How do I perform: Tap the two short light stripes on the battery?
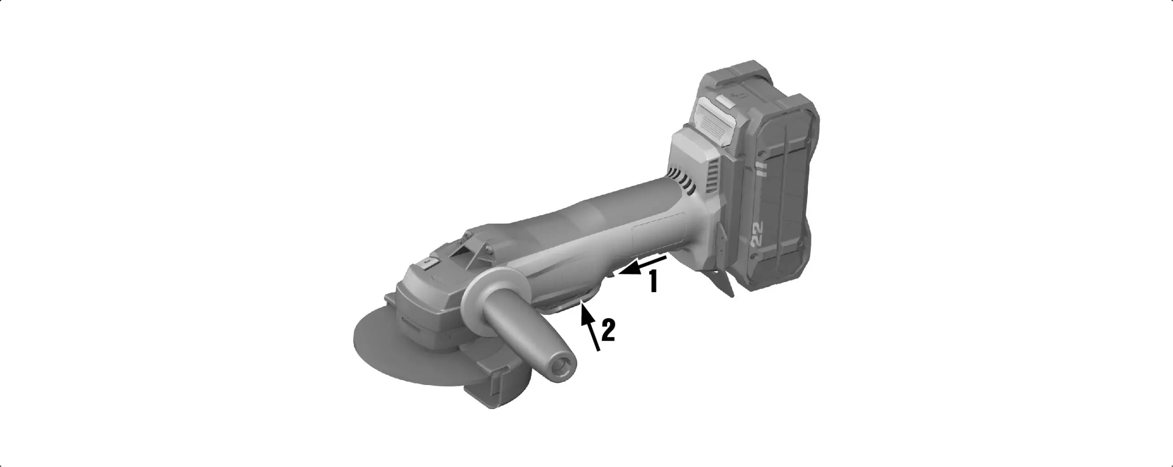[x=761, y=170]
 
